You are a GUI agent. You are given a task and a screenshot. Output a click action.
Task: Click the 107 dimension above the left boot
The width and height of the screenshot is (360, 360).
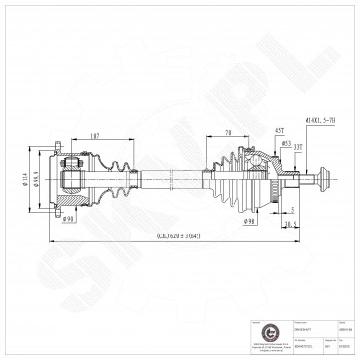tap(95, 135)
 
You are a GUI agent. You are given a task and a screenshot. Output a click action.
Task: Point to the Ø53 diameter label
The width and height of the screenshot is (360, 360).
tap(287, 143)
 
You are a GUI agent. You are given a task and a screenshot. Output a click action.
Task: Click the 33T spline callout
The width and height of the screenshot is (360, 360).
tap(299, 147)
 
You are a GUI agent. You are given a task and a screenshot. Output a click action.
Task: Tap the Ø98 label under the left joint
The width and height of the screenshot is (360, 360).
tap(69, 218)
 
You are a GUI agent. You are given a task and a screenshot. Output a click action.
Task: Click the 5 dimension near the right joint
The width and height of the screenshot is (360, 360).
tap(293, 208)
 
